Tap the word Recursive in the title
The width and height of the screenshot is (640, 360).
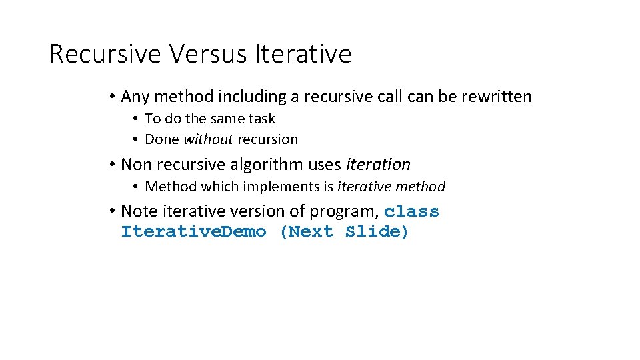(x=105, y=53)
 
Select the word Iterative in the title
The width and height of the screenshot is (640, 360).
(x=303, y=53)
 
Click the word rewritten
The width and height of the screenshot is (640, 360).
(x=495, y=97)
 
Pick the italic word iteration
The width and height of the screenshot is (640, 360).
(x=379, y=164)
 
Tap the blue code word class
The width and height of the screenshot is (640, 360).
(x=411, y=212)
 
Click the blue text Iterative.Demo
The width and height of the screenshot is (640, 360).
(x=193, y=232)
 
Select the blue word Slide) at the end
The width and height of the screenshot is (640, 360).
(x=377, y=232)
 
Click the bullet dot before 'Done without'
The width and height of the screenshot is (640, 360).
(x=135, y=140)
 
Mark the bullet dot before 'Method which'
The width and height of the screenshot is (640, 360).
(x=135, y=187)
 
